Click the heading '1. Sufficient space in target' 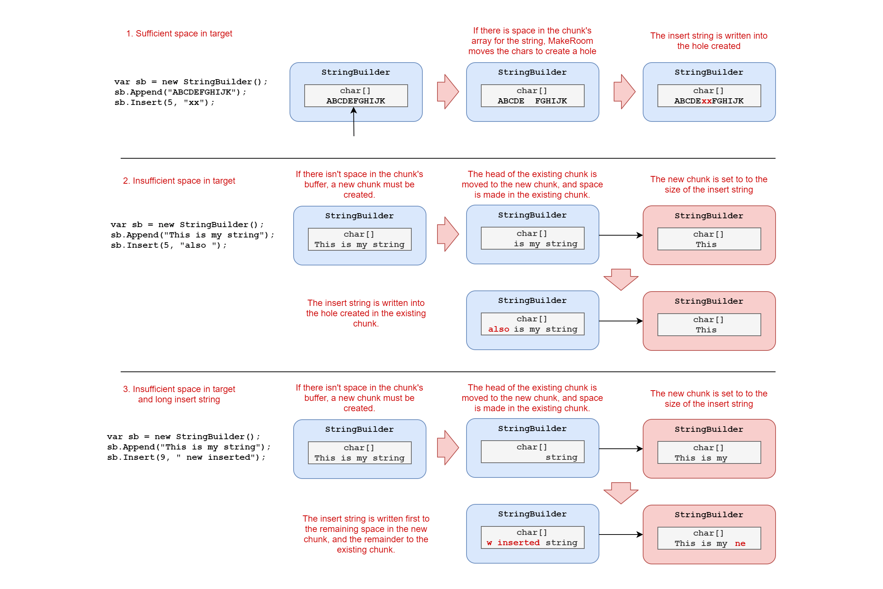(179, 33)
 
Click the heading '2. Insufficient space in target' (179, 181)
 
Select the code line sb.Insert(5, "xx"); (164, 102)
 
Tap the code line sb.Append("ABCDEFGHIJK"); (180, 92)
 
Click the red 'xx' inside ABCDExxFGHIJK (706, 100)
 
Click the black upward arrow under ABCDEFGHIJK (354, 122)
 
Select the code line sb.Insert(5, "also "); (169, 245)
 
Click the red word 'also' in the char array (499, 329)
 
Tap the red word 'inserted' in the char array (518, 542)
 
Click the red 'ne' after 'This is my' (740, 544)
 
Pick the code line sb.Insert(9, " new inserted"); (186, 457)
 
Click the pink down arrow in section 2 (621, 279)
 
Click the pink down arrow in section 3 (621, 493)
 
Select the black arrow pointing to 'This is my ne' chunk (621, 535)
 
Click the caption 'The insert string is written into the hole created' (709, 41)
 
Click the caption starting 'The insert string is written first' (366, 534)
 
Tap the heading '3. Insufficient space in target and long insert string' (179, 394)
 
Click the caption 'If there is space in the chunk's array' (532, 41)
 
